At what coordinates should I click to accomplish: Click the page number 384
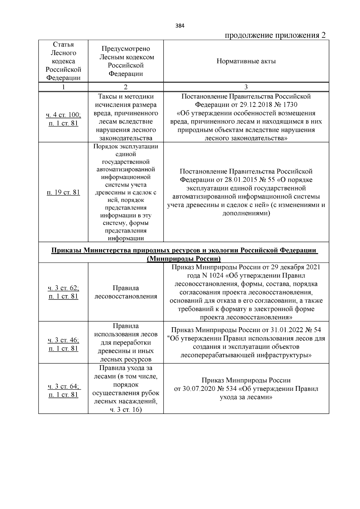[180, 26]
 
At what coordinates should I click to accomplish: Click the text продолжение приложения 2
[275, 35]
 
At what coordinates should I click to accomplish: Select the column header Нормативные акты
[246, 61]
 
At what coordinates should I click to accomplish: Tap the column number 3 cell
[246, 87]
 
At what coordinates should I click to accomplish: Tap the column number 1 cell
[63, 87]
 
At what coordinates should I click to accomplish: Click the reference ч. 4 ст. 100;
[63, 115]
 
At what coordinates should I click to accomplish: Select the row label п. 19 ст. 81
[63, 192]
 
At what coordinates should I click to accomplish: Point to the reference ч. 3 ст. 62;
[63, 288]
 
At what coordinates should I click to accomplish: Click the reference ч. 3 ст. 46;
[63, 340]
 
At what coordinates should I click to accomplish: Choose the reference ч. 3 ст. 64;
[63, 386]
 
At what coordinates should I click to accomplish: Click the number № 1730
[286, 105]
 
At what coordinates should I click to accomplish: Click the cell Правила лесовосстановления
[126, 292]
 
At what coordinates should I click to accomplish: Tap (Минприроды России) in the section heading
[184, 259]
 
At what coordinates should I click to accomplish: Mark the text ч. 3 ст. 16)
[126, 410]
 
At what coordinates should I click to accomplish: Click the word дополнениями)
[246, 214]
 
